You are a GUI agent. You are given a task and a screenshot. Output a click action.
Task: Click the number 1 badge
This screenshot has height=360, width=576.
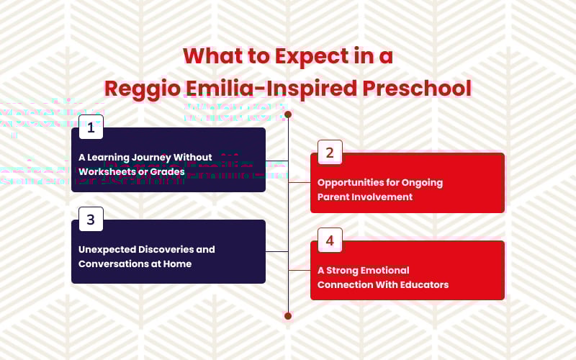click(91, 127)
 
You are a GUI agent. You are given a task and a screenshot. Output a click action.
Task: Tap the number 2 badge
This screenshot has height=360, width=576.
click(330, 153)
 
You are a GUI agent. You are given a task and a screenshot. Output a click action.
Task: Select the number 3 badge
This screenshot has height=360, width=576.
click(91, 220)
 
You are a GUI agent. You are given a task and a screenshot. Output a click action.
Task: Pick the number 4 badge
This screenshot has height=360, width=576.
click(330, 240)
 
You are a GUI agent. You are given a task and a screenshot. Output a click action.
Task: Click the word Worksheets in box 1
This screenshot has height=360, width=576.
click(106, 172)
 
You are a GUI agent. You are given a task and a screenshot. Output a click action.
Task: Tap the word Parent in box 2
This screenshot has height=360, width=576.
click(334, 197)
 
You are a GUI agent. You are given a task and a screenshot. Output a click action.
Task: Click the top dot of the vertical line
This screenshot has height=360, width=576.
click(288, 114)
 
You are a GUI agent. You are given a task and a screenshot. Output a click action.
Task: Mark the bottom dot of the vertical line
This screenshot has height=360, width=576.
click(288, 316)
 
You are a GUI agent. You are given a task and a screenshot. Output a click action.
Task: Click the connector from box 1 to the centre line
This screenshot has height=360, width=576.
click(276, 160)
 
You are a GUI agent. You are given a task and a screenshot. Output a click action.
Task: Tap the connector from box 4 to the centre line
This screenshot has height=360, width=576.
click(299, 270)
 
